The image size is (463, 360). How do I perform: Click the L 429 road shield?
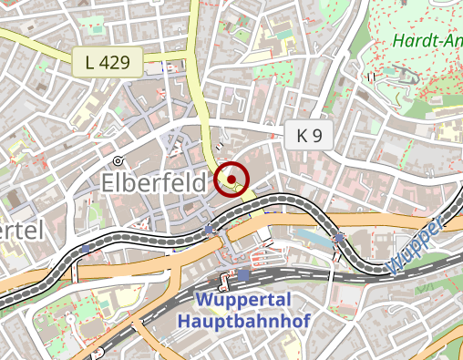[x=108, y=62]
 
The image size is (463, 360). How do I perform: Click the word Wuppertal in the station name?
[x=243, y=301]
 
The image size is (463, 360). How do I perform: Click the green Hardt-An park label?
[x=428, y=40]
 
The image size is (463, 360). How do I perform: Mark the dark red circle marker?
[x=232, y=179]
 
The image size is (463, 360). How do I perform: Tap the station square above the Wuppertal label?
[x=243, y=273]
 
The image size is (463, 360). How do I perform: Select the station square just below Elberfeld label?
[x=211, y=229]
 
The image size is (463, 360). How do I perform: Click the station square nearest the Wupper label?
[x=340, y=239]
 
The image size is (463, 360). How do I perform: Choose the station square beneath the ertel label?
[x=86, y=248]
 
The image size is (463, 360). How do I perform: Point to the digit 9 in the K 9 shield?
[x=317, y=137]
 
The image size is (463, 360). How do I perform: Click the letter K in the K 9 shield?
[x=302, y=137]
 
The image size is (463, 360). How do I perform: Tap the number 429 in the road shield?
[x=116, y=62]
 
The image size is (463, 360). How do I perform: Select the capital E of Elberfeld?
[x=108, y=182]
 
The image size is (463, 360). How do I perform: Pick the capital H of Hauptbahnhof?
[x=185, y=322]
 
